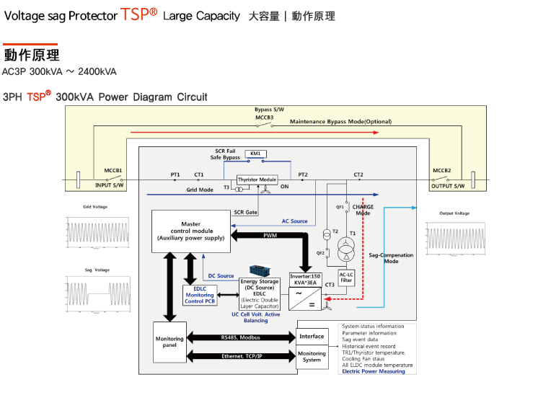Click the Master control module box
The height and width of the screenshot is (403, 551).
tap(190, 231)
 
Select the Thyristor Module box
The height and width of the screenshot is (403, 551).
tap(257, 180)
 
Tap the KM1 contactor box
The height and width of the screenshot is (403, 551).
tap(255, 154)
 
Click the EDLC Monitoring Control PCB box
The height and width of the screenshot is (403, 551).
tap(199, 295)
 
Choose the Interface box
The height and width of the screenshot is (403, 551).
tap(312, 337)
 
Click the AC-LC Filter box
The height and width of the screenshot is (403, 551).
tap(346, 277)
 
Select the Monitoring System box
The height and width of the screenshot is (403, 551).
tap(312, 357)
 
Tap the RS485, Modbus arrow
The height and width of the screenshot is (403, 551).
tap(241, 337)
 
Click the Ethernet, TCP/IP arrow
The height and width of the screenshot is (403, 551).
tap(241, 356)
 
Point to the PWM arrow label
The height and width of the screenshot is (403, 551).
tap(270, 235)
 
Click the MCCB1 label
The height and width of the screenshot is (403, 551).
tap(113, 171)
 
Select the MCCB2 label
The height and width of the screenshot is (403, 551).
tap(442, 171)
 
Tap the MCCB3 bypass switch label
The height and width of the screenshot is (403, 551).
tap(264, 117)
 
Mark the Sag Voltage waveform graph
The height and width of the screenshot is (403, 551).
tap(97, 296)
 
